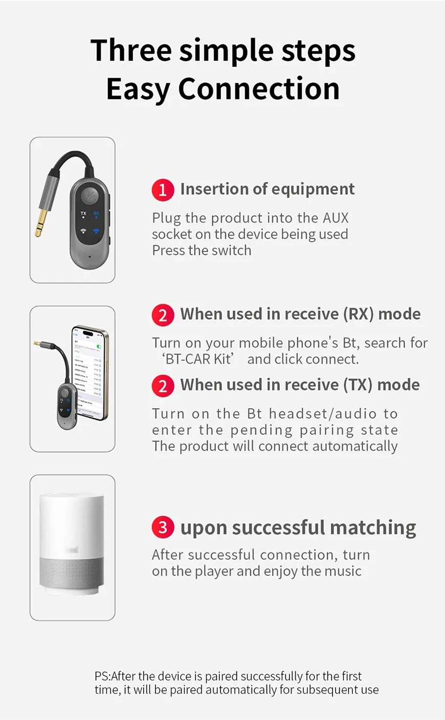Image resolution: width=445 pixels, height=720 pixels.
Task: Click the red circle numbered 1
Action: pyautogui.click(x=163, y=190)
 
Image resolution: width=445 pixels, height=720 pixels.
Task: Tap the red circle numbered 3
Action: pyautogui.click(x=163, y=527)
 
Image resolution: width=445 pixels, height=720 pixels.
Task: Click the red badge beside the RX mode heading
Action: pyautogui.click(x=163, y=315)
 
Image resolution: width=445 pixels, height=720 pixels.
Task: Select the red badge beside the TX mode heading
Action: pyautogui.click(x=163, y=386)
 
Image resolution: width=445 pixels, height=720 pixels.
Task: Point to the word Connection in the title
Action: pyautogui.click(x=259, y=88)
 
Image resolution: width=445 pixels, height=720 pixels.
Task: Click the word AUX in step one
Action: pyautogui.click(x=336, y=218)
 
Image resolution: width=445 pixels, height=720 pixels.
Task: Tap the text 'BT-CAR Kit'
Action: pyautogui.click(x=198, y=359)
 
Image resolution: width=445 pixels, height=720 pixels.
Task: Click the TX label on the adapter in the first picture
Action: pyautogui.click(x=83, y=213)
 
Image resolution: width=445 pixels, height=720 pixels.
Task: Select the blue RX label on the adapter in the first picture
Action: pyautogui.click(x=96, y=213)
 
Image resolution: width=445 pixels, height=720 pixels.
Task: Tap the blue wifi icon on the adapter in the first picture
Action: pyautogui.click(x=96, y=231)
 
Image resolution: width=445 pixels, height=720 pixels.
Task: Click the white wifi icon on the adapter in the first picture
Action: pyautogui.click(x=83, y=231)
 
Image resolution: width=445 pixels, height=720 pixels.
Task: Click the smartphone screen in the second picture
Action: pyautogui.click(x=88, y=373)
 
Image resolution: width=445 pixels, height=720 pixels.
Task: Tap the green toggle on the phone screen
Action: pyautogui.click(x=99, y=347)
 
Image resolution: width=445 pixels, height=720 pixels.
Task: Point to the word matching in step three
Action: pyautogui.click(x=373, y=528)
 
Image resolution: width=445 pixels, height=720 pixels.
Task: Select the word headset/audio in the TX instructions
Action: pyautogui.click(x=323, y=413)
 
